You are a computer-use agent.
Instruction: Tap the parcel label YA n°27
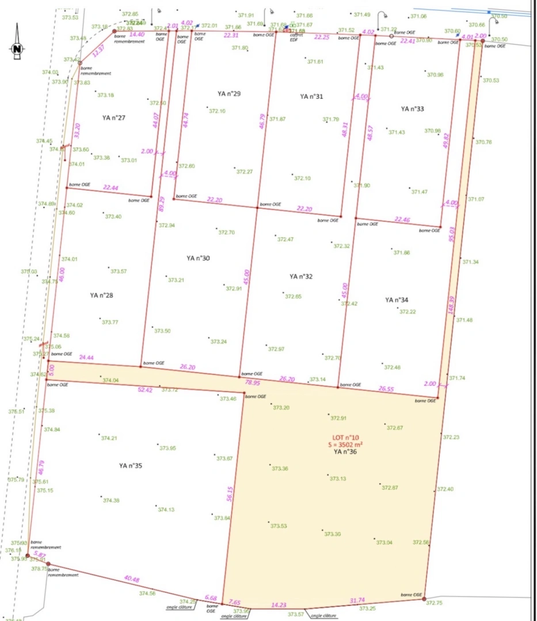point(114,118)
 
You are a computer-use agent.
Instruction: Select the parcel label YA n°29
point(229,93)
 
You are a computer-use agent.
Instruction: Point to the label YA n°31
point(311,97)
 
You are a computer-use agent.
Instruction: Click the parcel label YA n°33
point(413,109)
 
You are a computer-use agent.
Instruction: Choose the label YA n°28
point(101,296)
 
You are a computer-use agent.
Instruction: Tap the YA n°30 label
point(198,258)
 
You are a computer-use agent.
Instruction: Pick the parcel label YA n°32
point(301,277)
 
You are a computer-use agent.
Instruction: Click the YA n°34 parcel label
point(397,300)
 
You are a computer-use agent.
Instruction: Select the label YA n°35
point(130,466)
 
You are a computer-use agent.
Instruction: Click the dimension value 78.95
point(253,382)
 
